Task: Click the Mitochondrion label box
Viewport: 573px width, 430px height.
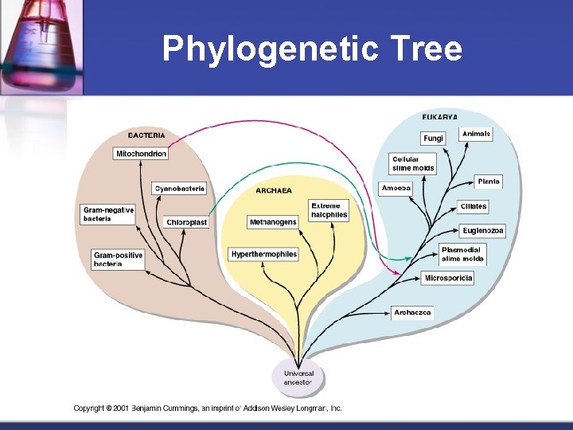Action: click(x=141, y=154)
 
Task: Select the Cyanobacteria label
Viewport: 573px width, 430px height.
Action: click(x=180, y=189)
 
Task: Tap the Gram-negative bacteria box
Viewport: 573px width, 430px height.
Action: click(x=108, y=214)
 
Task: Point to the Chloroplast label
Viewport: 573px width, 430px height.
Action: click(x=187, y=222)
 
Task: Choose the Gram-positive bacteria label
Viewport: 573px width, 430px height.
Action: click(x=119, y=259)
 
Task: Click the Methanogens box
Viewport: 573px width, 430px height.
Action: click(x=272, y=221)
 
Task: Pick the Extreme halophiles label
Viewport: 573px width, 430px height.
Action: click(x=329, y=210)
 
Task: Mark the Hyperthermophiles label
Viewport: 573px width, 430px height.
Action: click(x=263, y=254)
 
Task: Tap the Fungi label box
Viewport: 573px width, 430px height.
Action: click(x=433, y=139)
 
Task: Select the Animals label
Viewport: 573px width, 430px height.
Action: click(x=477, y=134)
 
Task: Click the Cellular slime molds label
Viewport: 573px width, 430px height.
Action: click(x=413, y=164)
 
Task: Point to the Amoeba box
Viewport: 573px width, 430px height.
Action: click(x=396, y=189)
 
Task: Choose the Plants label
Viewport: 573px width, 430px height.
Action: click(x=489, y=182)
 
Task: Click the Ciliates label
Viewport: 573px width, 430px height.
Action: click(x=473, y=206)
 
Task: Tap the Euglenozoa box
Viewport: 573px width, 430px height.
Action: click(x=483, y=231)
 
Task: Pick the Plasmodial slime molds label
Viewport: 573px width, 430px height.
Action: click(x=462, y=255)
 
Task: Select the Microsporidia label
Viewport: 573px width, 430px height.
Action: click(x=448, y=278)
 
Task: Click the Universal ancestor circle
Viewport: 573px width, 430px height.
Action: click(x=299, y=377)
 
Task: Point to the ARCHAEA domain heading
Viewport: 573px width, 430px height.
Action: click(x=273, y=191)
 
